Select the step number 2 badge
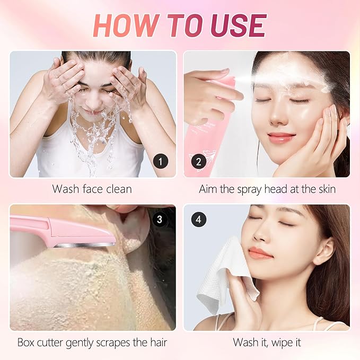point(199,161)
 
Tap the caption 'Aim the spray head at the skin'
point(267,189)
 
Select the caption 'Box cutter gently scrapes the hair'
point(92,343)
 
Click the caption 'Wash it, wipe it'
point(267,343)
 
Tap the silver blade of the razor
point(85,244)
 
